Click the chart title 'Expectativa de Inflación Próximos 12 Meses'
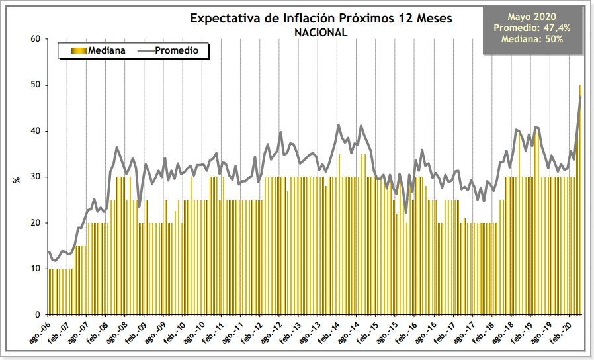[x=321, y=18]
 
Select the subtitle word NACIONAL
[x=321, y=32]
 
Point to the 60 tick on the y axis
[x=36, y=39]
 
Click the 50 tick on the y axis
[x=36, y=85]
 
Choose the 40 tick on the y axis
[x=36, y=131]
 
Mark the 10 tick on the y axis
[x=36, y=269]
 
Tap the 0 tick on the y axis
[x=38, y=314]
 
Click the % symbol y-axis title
[x=17, y=177]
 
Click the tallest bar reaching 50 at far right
[x=580, y=199]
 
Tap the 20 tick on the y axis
[x=36, y=223]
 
